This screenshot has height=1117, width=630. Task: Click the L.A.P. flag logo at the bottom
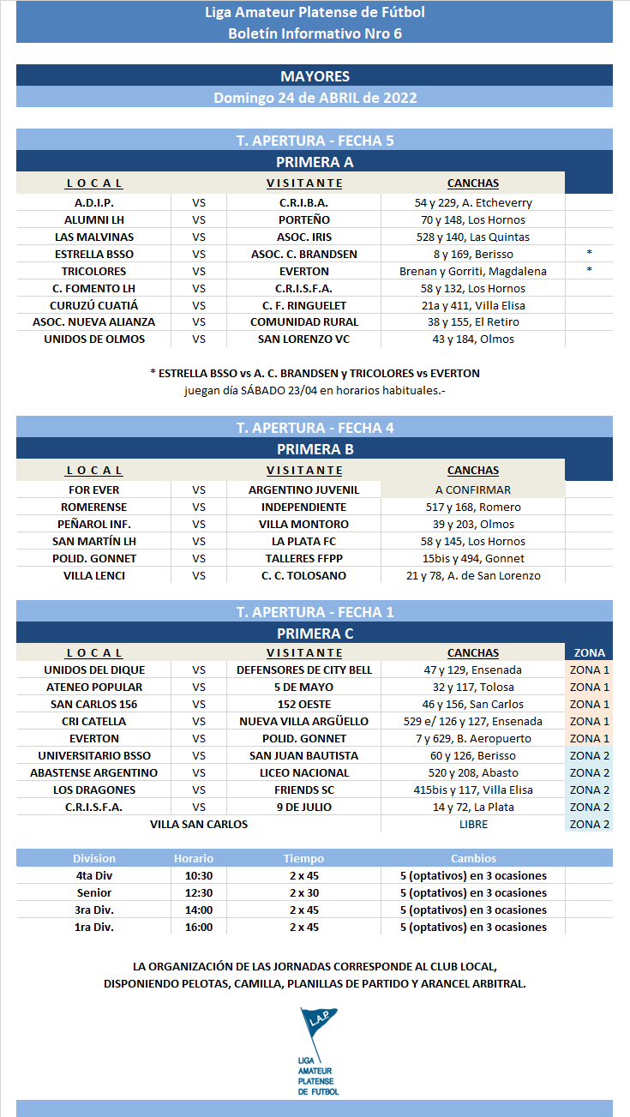pos(318,1050)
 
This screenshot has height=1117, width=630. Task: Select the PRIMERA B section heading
pos(315,448)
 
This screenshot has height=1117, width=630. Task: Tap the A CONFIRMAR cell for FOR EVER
pos(472,489)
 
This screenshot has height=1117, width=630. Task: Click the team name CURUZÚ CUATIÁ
pos(93,305)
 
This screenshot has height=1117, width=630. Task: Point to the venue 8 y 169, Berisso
pos(472,254)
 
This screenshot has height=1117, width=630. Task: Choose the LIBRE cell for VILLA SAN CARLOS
pos(473,824)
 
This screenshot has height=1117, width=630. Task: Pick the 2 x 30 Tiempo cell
pos(303,892)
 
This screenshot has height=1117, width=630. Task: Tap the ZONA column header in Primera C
pos(589,652)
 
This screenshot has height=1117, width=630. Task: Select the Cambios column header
pos(473,858)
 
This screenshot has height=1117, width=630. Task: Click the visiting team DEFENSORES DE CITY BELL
pos(304,670)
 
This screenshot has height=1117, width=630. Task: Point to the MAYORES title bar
pos(315,76)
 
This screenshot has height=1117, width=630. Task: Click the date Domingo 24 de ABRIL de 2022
pos(315,98)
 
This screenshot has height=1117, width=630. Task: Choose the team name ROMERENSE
pos(93,507)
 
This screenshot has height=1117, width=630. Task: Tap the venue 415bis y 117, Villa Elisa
pos(472,790)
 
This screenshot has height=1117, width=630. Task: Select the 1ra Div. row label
pos(93,927)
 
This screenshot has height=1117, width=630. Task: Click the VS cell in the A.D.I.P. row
pos(199,202)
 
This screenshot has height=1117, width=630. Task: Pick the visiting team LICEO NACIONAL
pos(304,772)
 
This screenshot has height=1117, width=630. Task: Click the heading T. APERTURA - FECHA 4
pos(315,427)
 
